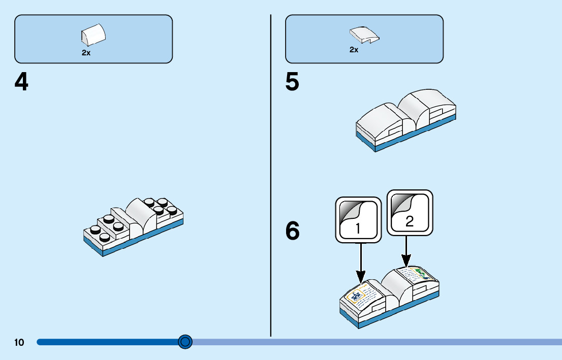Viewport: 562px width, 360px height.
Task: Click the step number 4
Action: (x=21, y=82)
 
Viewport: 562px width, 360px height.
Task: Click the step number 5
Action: (x=292, y=82)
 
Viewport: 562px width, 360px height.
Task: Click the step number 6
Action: (x=292, y=231)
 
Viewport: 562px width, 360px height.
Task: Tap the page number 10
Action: (x=19, y=343)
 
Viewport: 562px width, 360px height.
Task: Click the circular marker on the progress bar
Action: (x=185, y=342)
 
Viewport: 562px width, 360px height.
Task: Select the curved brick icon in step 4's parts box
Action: (x=93, y=35)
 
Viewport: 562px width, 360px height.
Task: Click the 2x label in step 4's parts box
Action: (x=86, y=52)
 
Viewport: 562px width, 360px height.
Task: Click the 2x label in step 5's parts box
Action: (x=354, y=50)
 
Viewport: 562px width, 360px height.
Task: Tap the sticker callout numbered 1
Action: (x=358, y=219)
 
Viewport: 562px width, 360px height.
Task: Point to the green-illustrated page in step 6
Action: (x=418, y=275)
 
